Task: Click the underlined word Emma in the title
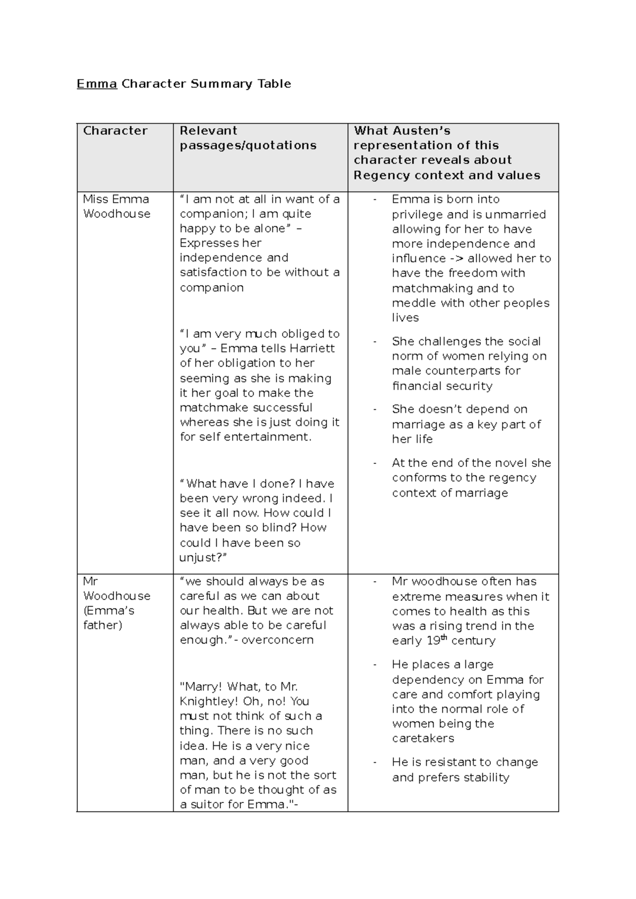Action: (x=96, y=84)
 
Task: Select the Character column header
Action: (x=115, y=131)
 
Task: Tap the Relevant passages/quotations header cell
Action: (x=248, y=138)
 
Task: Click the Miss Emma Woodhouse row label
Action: (x=117, y=207)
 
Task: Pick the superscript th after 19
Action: (x=444, y=638)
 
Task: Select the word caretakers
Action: (x=423, y=738)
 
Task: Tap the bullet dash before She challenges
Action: (x=375, y=341)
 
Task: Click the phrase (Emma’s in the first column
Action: (x=108, y=611)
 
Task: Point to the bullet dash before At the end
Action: (x=375, y=463)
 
